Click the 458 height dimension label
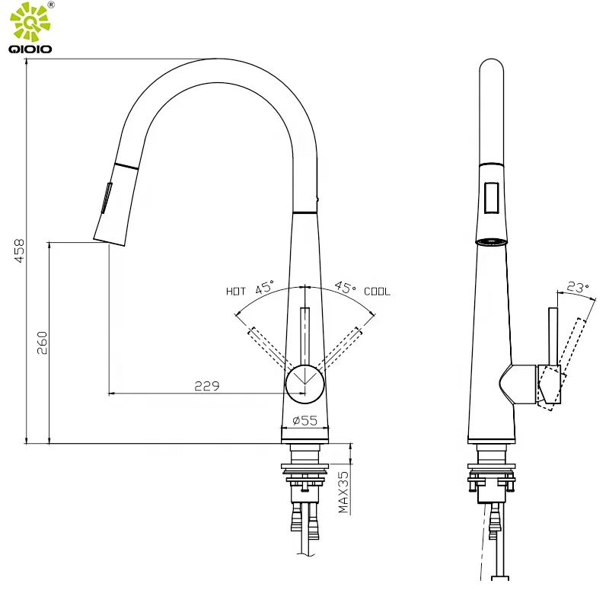(x=19, y=251)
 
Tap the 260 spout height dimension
(x=42, y=343)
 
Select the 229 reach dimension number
(x=206, y=386)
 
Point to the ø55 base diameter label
(x=305, y=420)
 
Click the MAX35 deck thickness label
(x=343, y=492)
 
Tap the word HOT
(x=236, y=292)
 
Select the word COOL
(x=377, y=292)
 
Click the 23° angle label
(x=578, y=288)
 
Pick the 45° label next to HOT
(x=265, y=288)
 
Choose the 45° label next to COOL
(x=345, y=288)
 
